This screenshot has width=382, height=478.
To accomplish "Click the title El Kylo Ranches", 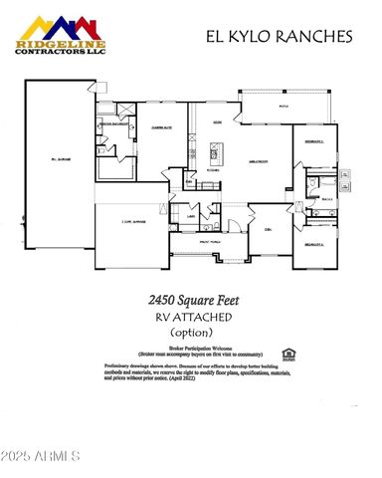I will (279, 38).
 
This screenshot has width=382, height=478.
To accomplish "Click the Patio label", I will (283, 105).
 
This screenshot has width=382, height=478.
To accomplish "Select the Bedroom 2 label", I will (310, 142).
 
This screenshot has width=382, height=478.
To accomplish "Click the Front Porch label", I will (211, 239).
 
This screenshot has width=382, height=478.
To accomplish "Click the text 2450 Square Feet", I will (190, 299).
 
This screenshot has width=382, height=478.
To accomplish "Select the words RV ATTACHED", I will (191, 317).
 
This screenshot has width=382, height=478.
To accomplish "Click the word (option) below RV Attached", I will (191, 333).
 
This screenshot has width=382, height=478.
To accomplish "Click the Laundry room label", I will (190, 214).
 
